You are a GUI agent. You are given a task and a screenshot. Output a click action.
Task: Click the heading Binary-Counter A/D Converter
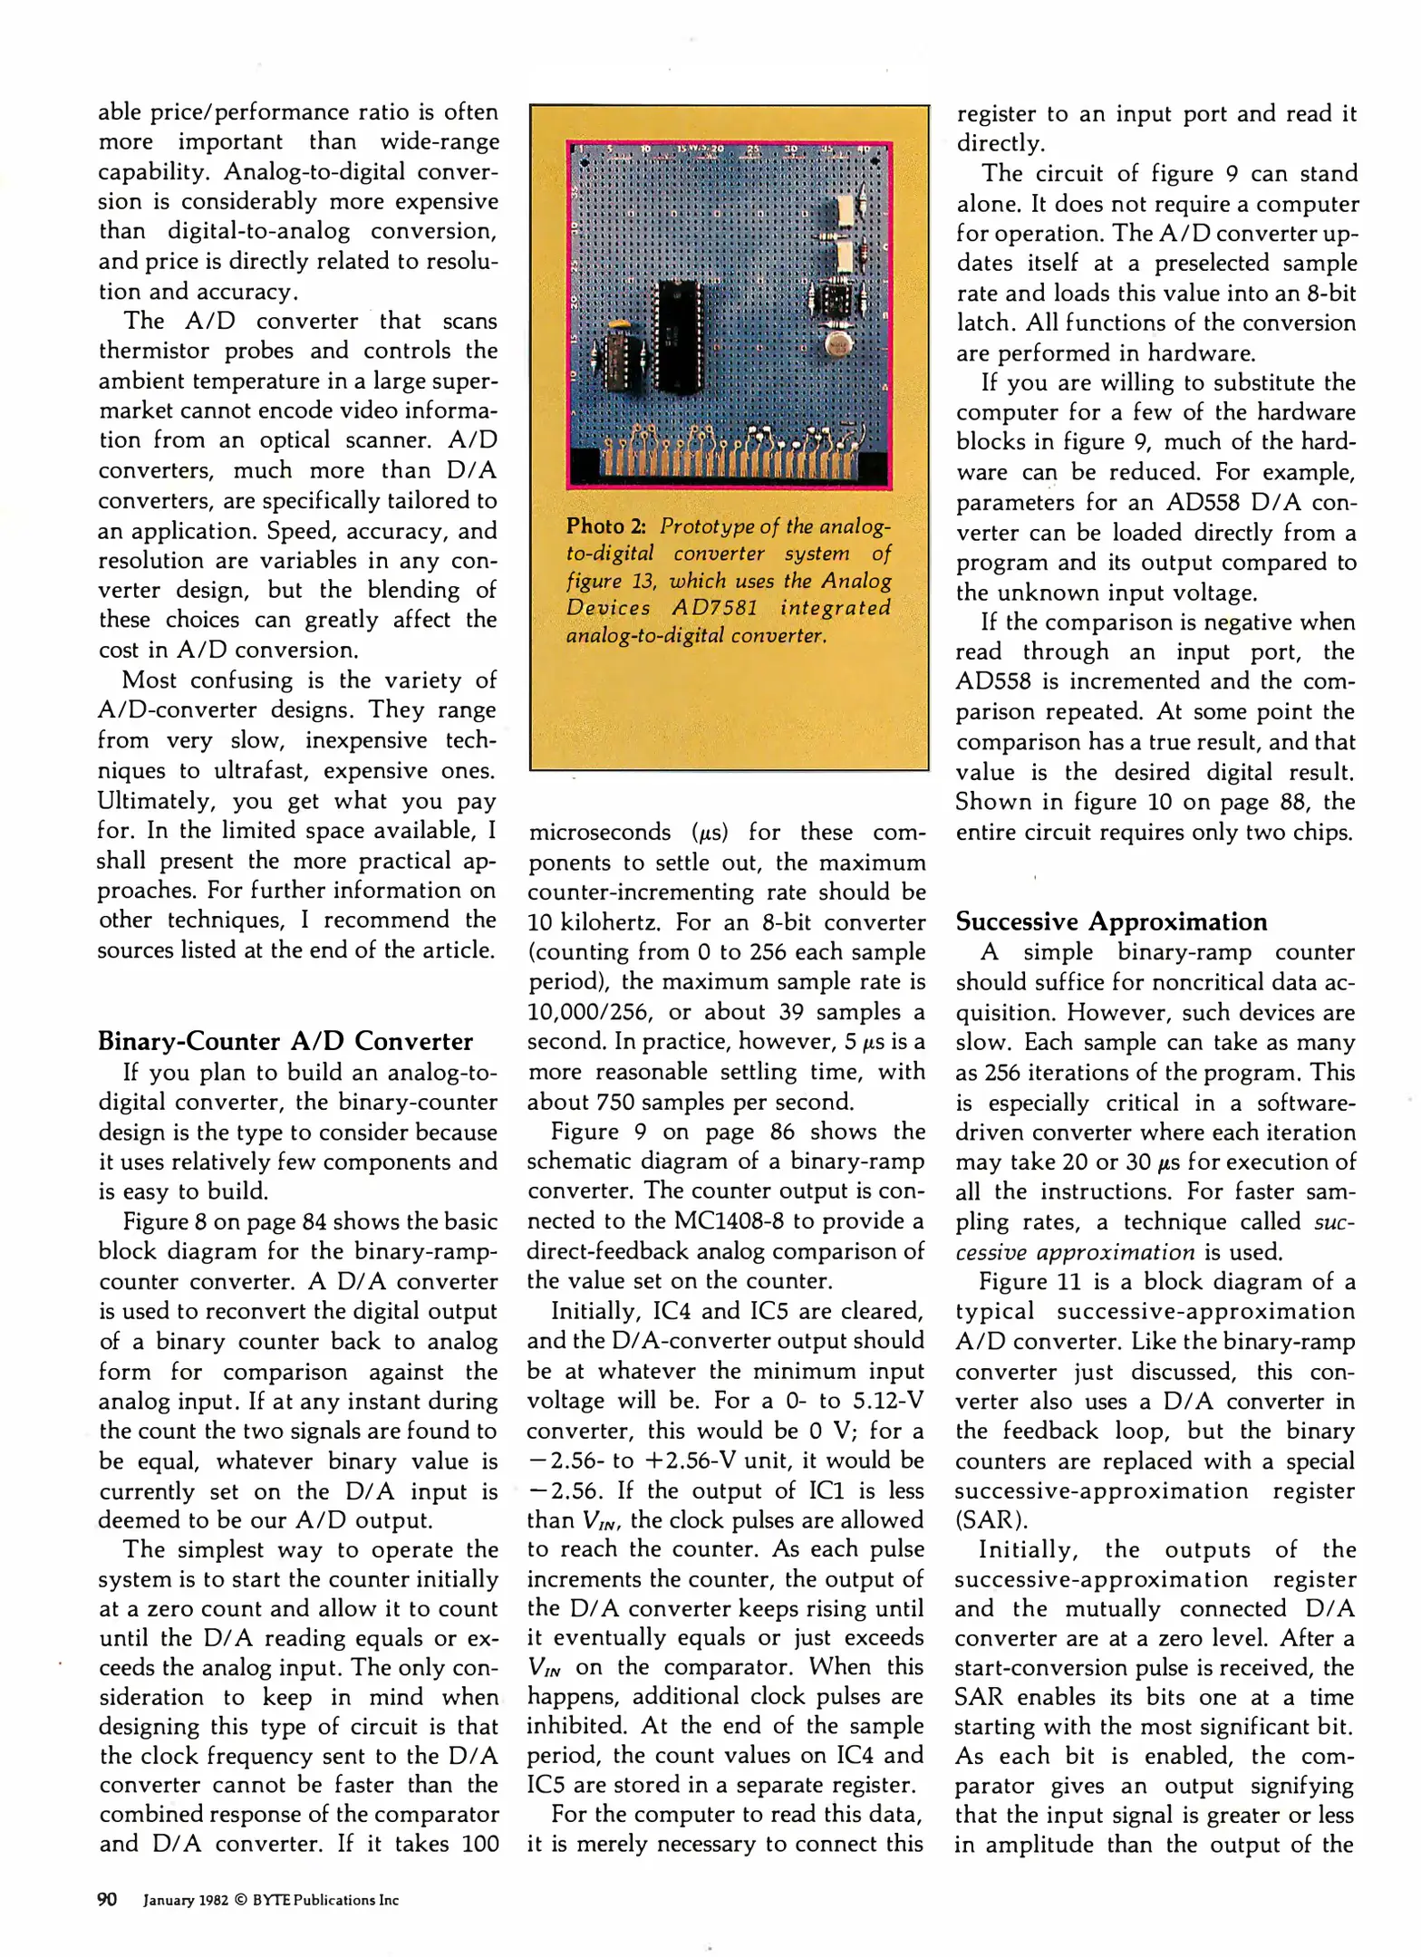(x=285, y=1041)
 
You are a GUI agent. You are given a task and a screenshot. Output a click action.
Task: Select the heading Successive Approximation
(x=1112, y=921)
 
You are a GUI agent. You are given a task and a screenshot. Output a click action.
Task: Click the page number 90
(x=107, y=1900)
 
